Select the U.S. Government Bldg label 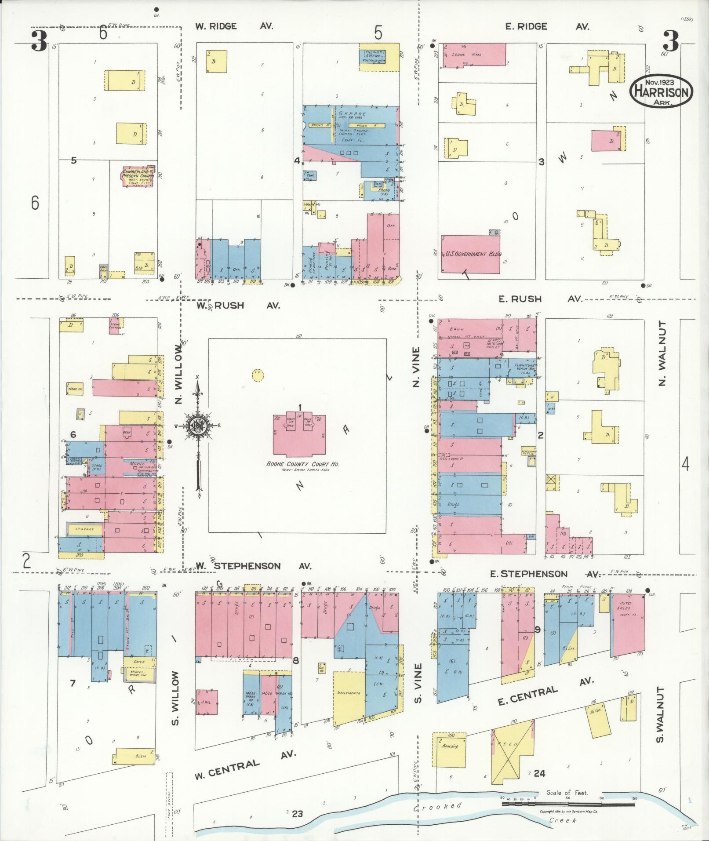pyautogui.click(x=470, y=254)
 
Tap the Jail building pyautogui.click(x=207, y=702)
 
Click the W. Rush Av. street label pyautogui.click(x=238, y=305)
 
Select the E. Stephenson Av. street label pyautogui.click(x=545, y=574)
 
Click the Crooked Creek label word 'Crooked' pyautogui.click(x=438, y=806)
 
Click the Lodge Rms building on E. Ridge pyautogui.click(x=473, y=55)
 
